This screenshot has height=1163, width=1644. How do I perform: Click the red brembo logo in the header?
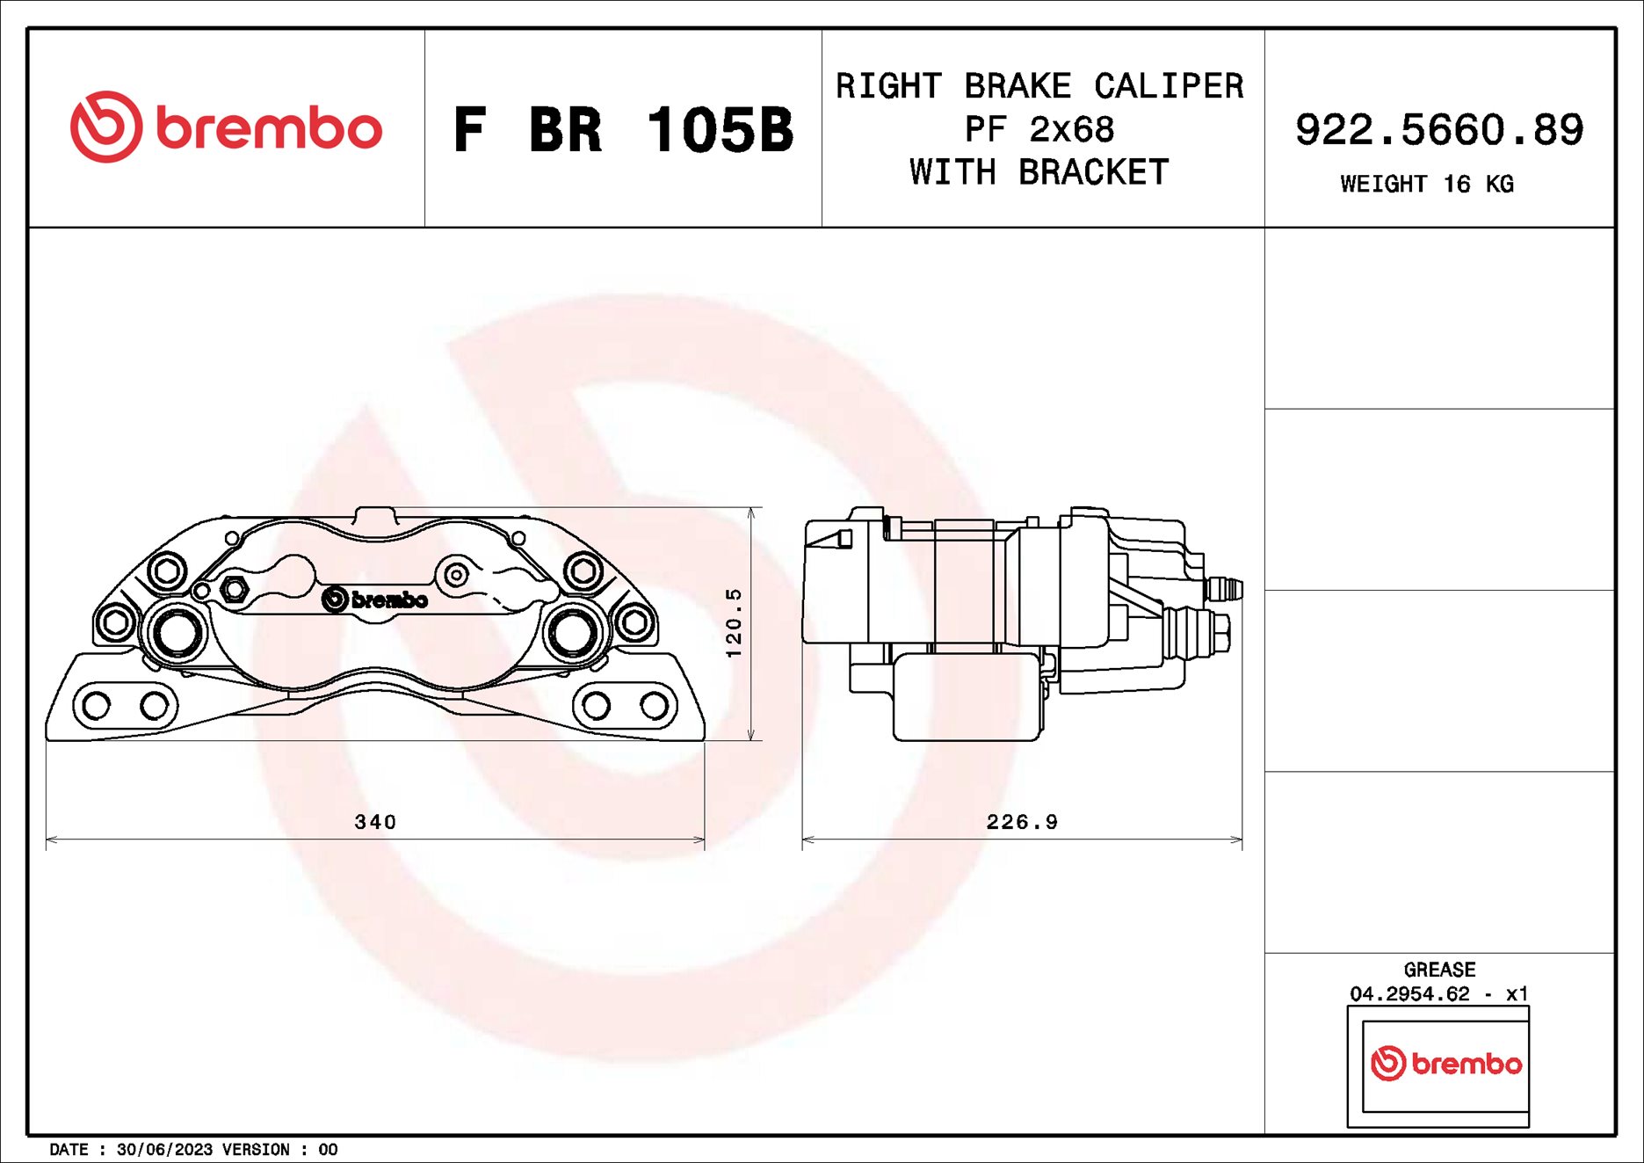pos(226,127)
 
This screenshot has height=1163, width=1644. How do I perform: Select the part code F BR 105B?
pos(623,130)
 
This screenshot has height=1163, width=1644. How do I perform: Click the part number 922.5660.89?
pos(1438,130)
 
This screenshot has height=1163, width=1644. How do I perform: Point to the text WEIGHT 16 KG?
pos(1426,184)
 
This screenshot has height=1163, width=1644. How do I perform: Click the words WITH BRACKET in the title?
pos(1039,172)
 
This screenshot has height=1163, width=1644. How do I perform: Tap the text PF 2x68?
pos(1039,129)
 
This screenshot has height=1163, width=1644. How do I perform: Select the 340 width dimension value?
pos(375,822)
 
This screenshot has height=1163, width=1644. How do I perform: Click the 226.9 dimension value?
pos(1022,822)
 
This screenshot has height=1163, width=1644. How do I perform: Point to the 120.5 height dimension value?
pos(734,622)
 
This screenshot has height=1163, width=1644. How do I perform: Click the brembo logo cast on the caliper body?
pos(375,600)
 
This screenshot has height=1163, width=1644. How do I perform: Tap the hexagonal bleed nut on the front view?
pos(233,588)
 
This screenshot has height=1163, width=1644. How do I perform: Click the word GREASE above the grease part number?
pos(1438,970)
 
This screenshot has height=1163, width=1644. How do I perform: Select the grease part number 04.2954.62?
pos(1409,993)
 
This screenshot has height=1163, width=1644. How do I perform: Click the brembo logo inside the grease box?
pos(1445,1064)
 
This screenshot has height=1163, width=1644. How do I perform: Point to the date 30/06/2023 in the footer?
pos(164,1150)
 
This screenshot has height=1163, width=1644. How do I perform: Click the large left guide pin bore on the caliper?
pos(177,631)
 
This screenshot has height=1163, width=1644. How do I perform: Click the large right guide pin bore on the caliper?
pos(572,631)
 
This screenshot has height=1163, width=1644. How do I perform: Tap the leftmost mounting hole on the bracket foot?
pos(97,705)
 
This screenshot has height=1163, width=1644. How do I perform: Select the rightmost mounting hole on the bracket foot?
pos(654,705)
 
